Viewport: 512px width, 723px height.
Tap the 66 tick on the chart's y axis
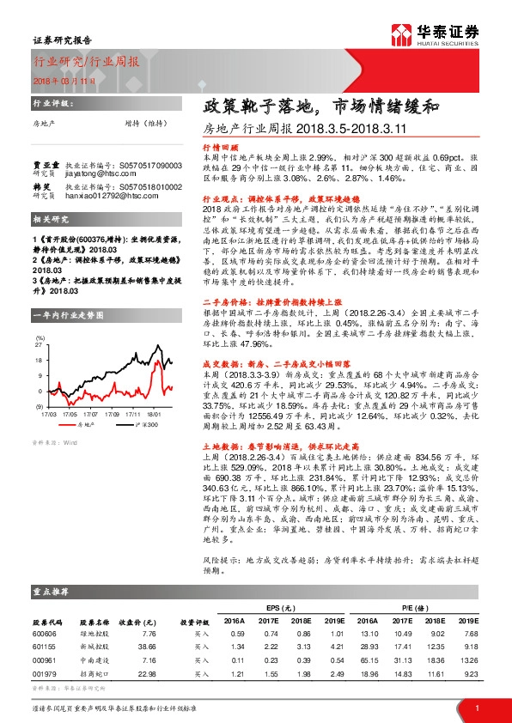pos(39,341)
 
